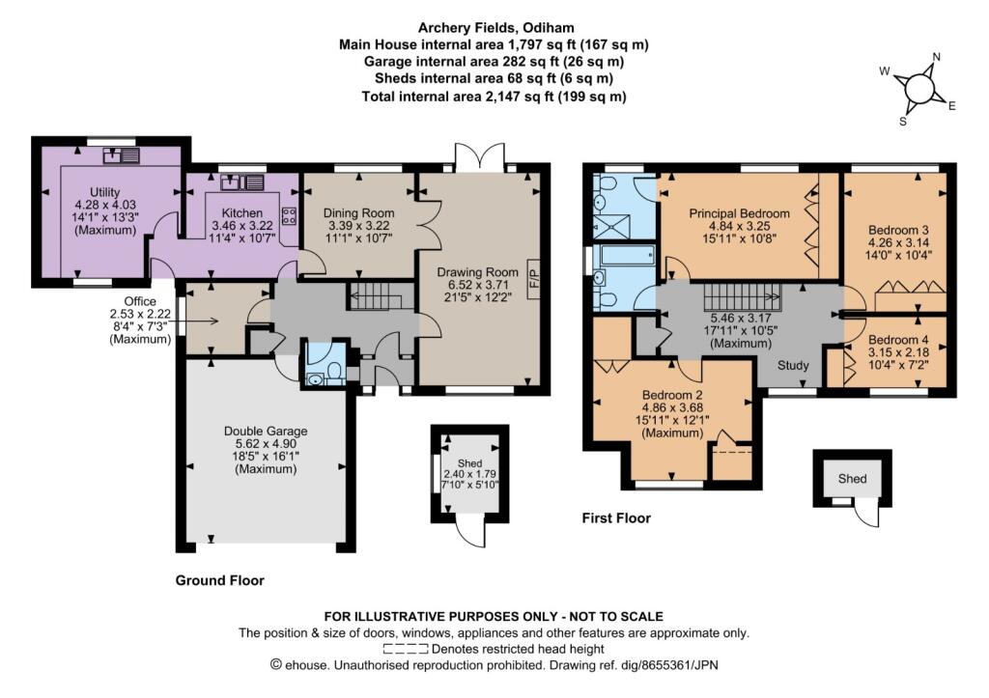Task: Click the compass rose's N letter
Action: (x=936, y=57)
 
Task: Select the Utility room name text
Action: (x=104, y=193)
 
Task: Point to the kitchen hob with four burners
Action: (x=288, y=214)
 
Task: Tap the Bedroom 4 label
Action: (x=898, y=341)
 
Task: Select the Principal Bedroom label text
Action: (x=739, y=213)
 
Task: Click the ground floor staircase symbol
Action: (x=374, y=297)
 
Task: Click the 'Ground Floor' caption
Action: (x=219, y=580)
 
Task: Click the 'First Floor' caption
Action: (x=616, y=518)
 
